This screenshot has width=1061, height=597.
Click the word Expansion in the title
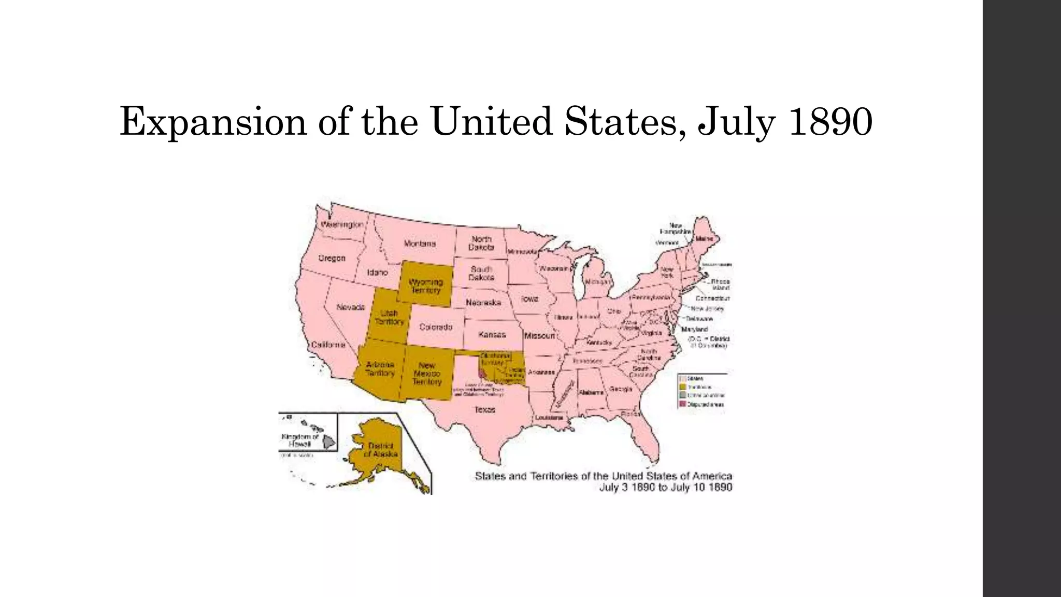pyautogui.click(x=213, y=122)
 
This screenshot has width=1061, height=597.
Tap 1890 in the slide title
pyautogui.click(x=830, y=122)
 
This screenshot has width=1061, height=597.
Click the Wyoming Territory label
pyautogui.click(x=426, y=286)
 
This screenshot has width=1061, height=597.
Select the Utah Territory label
pyautogui.click(x=389, y=317)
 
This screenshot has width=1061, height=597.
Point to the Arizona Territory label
pyautogui.click(x=380, y=368)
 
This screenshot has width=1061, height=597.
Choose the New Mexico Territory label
pyautogui.click(x=427, y=373)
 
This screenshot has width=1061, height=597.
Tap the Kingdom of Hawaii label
pyautogui.click(x=300, y=440)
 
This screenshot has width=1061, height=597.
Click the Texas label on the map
pyautogui.click(x=485, y=409)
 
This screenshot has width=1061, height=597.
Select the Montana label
pyautogui.click(x=420, y=244)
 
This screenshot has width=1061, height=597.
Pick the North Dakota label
pyautogui.click(x=481, y=243)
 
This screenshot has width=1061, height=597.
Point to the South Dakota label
pyautogui.click(x=481, y=273)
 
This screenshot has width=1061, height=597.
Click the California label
pyautogui.click(x=328, y=345)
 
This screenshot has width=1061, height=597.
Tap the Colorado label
pyautogui.click(x=436, y=327)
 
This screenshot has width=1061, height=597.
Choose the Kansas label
pyautogui.click(x=492, y=334)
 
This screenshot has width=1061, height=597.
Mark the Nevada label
pyautogui.click(x=351, y=307)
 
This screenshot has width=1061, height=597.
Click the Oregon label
pyautogui.click(x=332, y=258)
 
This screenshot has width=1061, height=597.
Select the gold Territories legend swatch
pyautogui.click(x=683, y=387)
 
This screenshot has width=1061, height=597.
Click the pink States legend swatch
pyautogui.click(x=683, y=378)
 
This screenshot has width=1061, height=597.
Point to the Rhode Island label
pyautogui.click(x=720, y=285)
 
